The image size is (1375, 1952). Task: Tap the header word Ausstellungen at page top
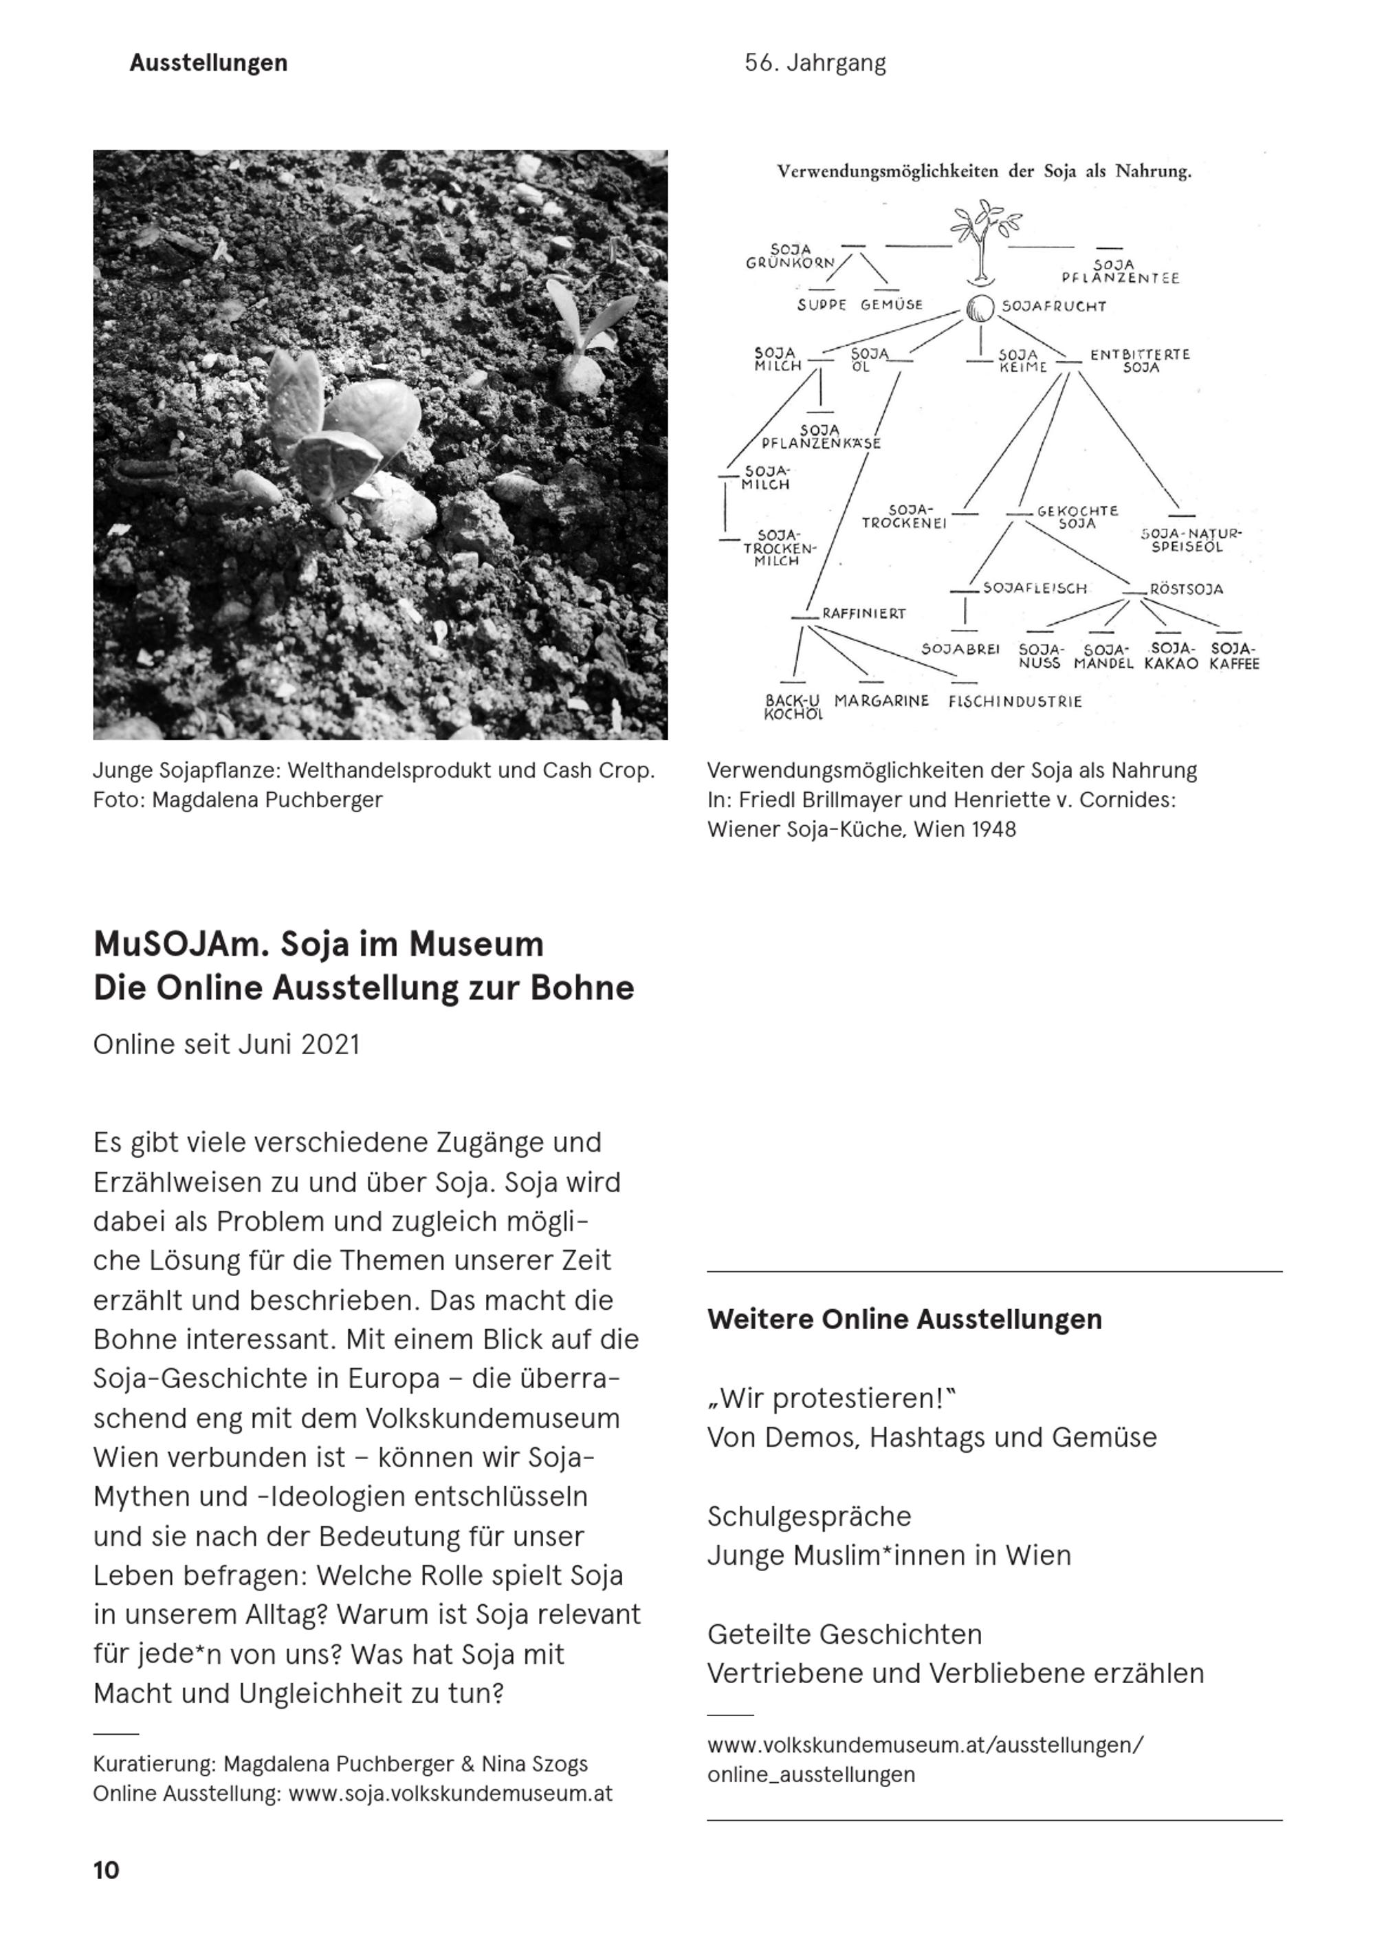coord(208,63)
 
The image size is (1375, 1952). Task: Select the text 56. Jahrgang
coord(815,63)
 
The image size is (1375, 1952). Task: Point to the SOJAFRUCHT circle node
coord(980,308)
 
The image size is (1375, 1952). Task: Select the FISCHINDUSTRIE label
coord(1015,701)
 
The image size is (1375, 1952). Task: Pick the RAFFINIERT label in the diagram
coord(863,613)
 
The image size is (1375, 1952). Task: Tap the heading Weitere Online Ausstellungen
coord(904,1319)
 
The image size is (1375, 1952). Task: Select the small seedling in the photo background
coord(586,336)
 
